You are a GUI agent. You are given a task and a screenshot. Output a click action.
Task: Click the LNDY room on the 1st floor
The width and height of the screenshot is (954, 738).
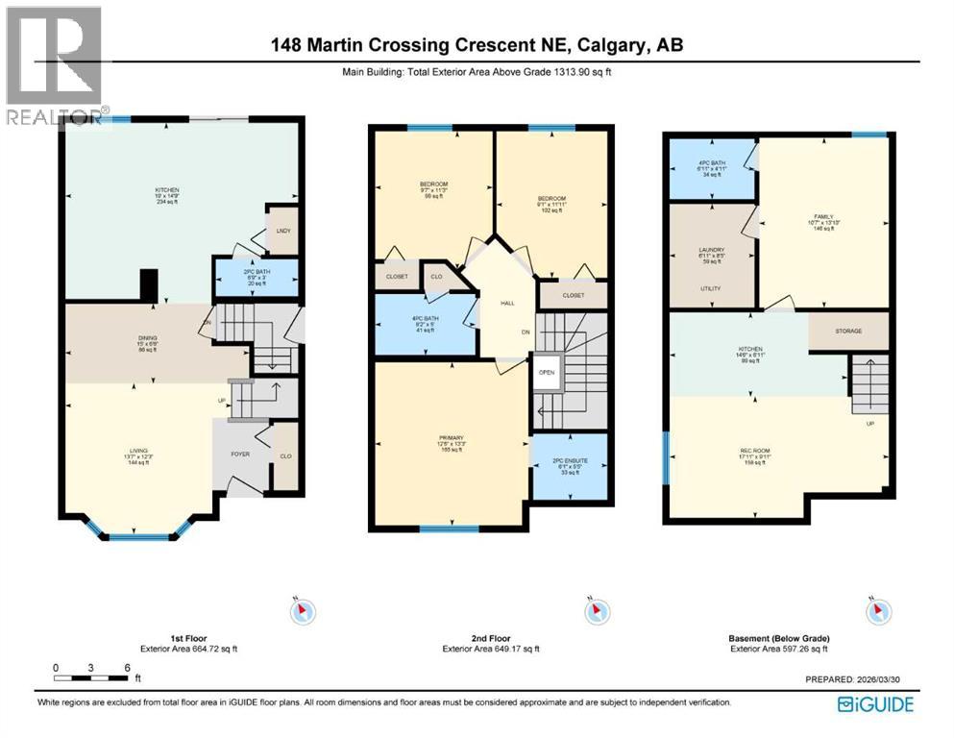(x=281, y=231)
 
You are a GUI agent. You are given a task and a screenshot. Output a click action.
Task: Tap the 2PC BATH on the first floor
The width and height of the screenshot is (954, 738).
(x=255, y=277)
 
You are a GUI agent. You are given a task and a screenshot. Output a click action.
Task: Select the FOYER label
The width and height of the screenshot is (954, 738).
(x=240, y=455)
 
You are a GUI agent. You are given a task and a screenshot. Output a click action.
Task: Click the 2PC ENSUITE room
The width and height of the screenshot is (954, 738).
(x=572, y=466)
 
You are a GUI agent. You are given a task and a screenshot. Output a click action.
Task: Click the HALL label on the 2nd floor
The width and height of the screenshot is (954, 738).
(x=507, y=303)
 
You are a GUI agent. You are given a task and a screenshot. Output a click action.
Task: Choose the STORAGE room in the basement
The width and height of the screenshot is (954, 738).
(x=847, y=332)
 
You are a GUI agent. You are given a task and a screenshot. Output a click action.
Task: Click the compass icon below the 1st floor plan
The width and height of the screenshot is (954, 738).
(x=302, y=611)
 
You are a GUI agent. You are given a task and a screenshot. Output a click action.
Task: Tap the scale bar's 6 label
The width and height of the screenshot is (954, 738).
(x=125, y=667)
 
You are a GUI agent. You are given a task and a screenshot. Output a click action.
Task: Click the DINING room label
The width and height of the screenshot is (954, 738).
(x=146, y=337)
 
